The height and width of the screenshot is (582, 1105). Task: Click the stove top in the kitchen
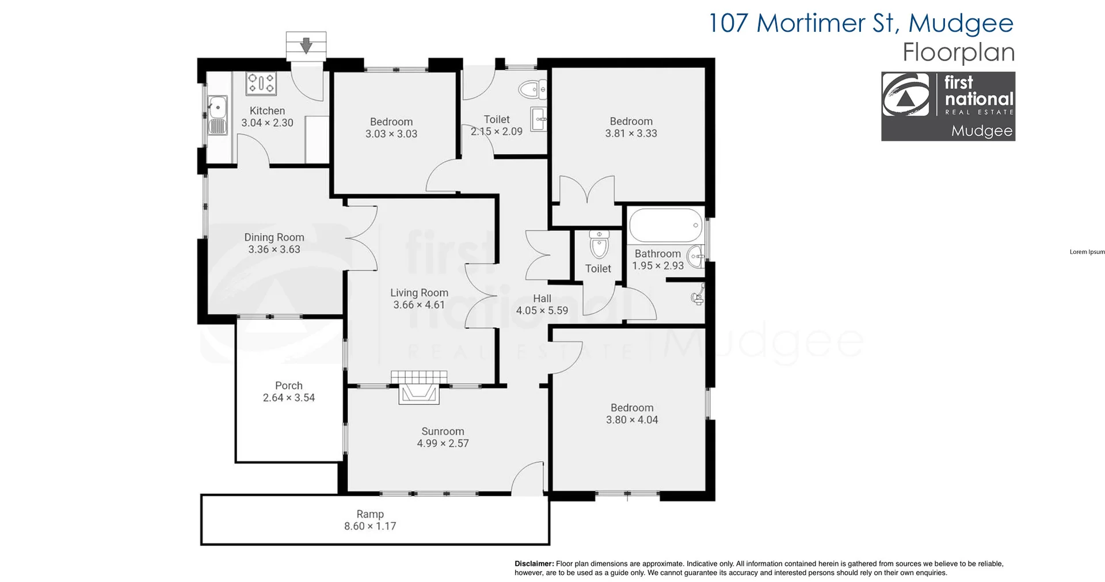pyautogui.click(x=261, y=83)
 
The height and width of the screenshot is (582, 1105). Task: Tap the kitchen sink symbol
pyautogui.click(x=218, y=115)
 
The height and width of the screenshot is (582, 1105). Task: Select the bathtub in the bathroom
pyautogui.click(x=666, y=225)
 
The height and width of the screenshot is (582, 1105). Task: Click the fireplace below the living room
pyautogui.click(x=419, y=387)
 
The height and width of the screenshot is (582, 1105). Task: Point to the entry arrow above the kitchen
pyautogui.click(x=306, y=45)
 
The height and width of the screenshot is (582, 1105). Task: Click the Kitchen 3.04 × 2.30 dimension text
pyautogui.click(x=267, y=123)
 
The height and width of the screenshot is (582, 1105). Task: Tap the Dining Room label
pyautogui.click(x=274, y=237)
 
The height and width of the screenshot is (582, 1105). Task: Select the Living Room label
pyautogui.click(x=419, y=292)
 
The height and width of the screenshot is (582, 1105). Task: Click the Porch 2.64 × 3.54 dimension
pyautogui.click(x=289, y=398)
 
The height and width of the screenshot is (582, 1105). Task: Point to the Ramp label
pyautogui.click(x=370, y=514)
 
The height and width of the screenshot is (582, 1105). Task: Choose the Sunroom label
pyautogui.click(x=443, y=431)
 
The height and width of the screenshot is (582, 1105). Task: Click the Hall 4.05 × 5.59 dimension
pyautogui.click(x=542, y=310)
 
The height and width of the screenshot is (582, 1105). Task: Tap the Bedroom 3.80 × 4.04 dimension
pyautogui.click(x=632, y=420)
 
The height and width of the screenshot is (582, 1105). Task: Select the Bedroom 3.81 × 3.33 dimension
pyautogui.click(x=631, y=133)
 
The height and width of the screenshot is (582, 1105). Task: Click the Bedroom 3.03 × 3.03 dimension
pyautogui.click(x=391, y=134)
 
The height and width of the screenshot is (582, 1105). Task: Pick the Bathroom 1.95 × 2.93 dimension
pyautogui.click(x=658, y=265)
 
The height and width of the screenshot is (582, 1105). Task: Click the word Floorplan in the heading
pyautogui.click(x=958, y=52)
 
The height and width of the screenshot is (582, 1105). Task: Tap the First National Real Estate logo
pyautogui.click(x=948, y=106)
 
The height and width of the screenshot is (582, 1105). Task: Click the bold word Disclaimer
pyautogui.click(x=534, y=564)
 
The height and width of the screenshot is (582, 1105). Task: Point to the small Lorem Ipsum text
pyautogui.click(x=1087, y=252)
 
